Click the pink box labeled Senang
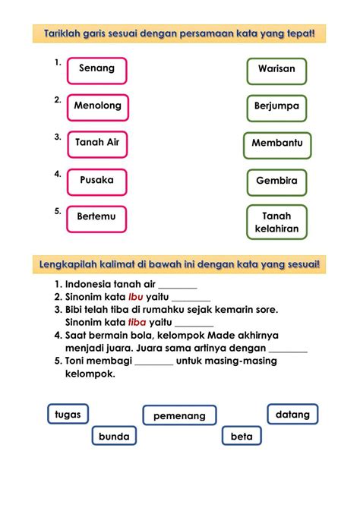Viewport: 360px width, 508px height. (x=96, y=70)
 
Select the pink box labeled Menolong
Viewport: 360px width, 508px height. (x=97, y=107)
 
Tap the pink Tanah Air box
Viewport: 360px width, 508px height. (x=97, y=144)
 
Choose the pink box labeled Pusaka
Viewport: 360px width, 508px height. (x=96, y=181)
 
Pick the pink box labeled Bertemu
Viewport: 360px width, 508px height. (x=96, y=218)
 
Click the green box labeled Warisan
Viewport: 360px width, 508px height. (x=276, y=70)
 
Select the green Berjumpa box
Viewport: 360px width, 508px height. (x=276, y=107)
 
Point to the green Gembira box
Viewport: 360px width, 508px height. (x=276, y=182)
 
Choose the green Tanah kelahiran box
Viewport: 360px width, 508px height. (x=276, y=222)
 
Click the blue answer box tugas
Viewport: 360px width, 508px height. (x=68, y=414)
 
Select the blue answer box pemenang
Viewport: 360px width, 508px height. (x=179, y=416)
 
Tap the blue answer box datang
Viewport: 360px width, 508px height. (x=292, y=415)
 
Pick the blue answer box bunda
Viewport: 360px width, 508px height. (x=114, y=437)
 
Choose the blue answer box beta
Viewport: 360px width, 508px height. (x=242, y=437)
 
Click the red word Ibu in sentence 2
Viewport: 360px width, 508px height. (x=135, y=297)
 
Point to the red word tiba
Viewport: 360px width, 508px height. (x=137, y=322)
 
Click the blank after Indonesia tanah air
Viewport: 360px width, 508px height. (x=178, y=286)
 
